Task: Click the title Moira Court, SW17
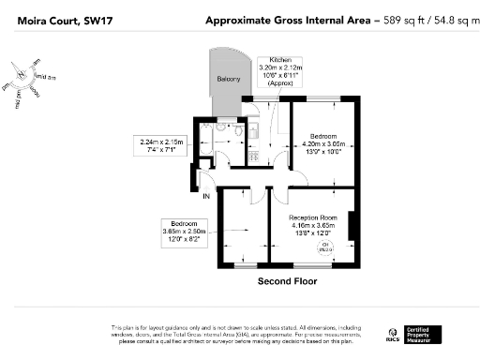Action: [x=53, y=20]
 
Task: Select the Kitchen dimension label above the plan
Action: [x=280, y=70]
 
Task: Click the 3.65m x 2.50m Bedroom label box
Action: [x=189, y=230]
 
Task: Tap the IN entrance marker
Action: [x=206, y=195]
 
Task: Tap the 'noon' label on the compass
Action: [x=35, y=92]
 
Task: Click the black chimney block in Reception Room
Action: [x=352, y=226]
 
